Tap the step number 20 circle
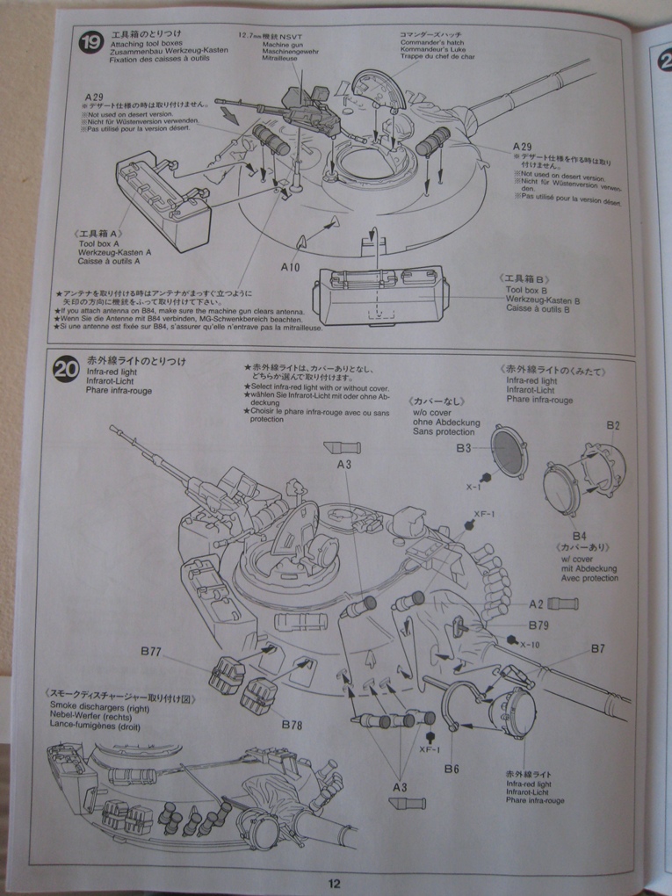[x=67, y=369]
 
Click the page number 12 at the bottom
[x=335, y=883]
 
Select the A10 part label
[x=292, y=266]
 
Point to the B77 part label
[x=151, y=652]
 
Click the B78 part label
[x=293, y=724]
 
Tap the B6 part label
[x=452, y=769]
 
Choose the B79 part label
[x=539, y=625]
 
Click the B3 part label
[x=464, y=448]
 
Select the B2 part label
[x=613, y=425]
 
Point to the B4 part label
[x=579, y=535]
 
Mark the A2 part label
[x=536, y=604]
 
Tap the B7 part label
[x=597, y=649]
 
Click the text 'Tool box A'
[x=100, y=242]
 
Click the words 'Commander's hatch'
[x=435, y=42]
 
